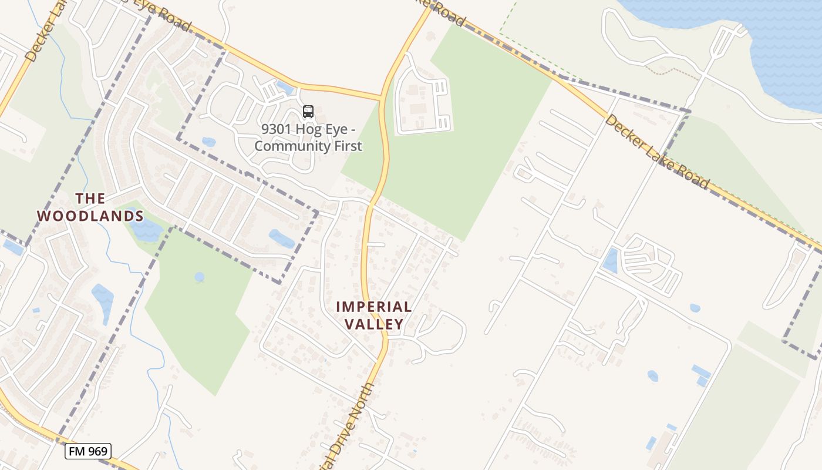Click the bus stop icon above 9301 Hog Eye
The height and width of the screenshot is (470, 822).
click(308, 111)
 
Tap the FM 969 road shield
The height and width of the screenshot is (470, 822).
click(88, 451)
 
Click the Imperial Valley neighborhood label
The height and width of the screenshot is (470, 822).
click(374, 315)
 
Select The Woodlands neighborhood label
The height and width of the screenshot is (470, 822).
click(90, 207)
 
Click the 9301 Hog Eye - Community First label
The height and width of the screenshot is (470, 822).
click(308, 137)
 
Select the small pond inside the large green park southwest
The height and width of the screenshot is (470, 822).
click(200, 276)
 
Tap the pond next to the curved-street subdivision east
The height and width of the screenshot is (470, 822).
click(611, 260)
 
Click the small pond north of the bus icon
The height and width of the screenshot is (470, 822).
click(285, 88)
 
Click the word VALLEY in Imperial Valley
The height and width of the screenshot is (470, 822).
click(374, 324)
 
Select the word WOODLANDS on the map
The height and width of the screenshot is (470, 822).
click(90, 216)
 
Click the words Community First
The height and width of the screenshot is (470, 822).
click(308, 146)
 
